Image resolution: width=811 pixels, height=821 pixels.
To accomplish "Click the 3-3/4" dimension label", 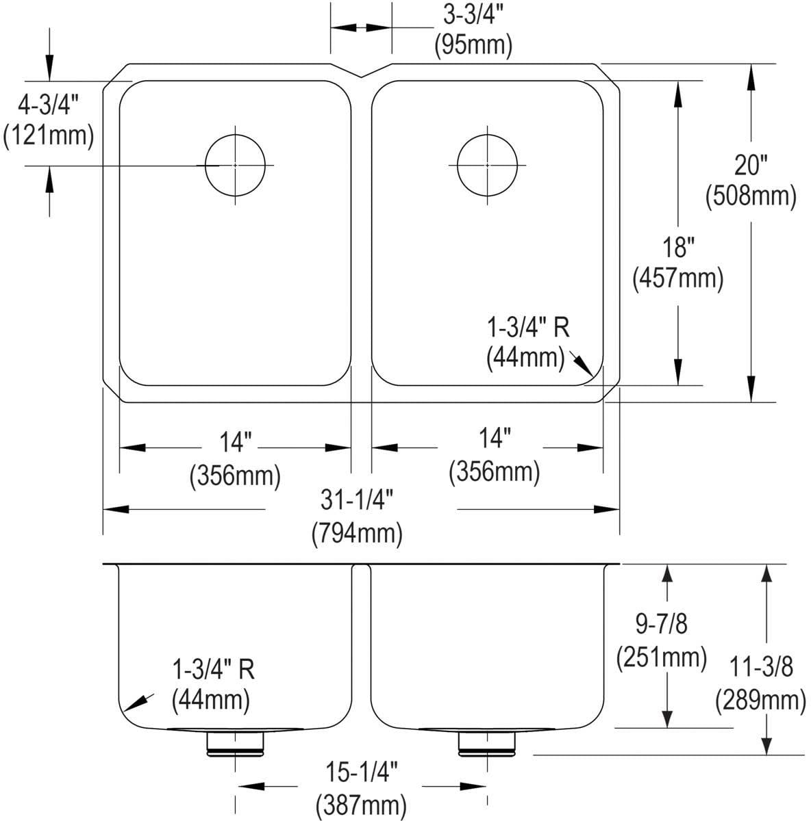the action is coord(473,16).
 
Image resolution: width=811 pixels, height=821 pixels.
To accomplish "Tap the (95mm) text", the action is coord(473,45).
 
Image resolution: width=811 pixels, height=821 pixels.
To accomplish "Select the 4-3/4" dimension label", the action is coord(48,105).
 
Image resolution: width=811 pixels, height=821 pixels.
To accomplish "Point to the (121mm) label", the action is coord(48,135).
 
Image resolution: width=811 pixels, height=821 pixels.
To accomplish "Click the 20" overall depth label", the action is coord(751,166).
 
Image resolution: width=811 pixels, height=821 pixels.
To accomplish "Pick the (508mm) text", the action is coord(751,196).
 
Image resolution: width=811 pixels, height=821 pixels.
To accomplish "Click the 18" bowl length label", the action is coord(678,248).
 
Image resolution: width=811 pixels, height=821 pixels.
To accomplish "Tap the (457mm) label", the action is coord(678,278).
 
